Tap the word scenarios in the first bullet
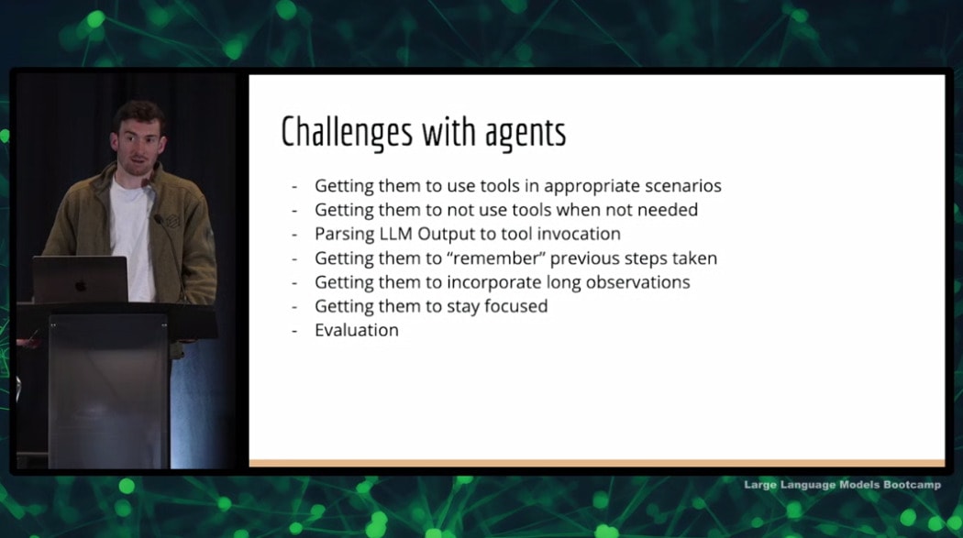(x=675, y=185)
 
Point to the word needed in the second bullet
(x=668, y=210)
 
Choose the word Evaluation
(x=356, y=330)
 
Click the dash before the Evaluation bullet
(x=294, y=331)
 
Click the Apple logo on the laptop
(x=81, y=285)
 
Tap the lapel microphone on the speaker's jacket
(x=158, y=218)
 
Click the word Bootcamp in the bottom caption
(x=912, y=485)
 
